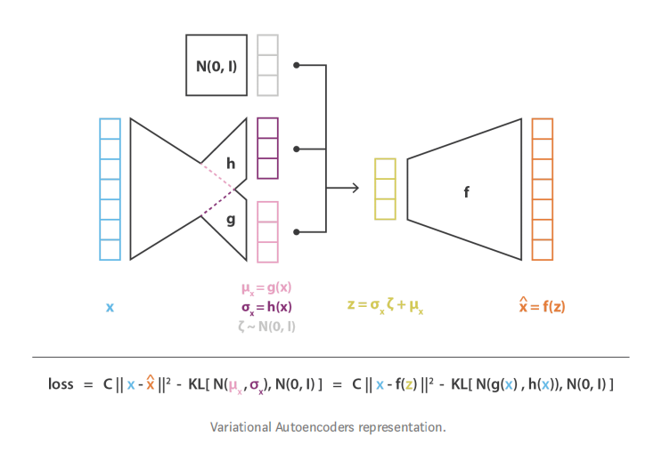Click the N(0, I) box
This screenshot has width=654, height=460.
coord(217,65)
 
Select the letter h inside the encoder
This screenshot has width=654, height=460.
coord(231,164)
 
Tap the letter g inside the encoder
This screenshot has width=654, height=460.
coord(231,218)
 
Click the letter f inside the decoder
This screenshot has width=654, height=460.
coord(467,191)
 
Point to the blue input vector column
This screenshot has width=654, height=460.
coord(110,190)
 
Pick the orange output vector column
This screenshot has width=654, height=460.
coord(542,190)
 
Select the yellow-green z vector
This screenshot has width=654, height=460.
coord(385,189)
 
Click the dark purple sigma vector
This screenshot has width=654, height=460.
coord(267,149)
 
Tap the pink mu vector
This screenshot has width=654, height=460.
coord(267,231)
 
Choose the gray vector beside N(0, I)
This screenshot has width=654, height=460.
coord(267,65)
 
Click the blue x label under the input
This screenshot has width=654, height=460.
coord(110,307)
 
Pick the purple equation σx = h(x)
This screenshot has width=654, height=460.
coord(266,307)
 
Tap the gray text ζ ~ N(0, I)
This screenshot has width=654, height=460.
coord(266,326)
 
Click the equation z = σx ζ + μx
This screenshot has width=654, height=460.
coord(385,307)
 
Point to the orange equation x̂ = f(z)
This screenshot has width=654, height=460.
coord(542,307)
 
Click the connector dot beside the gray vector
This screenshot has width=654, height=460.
coord(297,65)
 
